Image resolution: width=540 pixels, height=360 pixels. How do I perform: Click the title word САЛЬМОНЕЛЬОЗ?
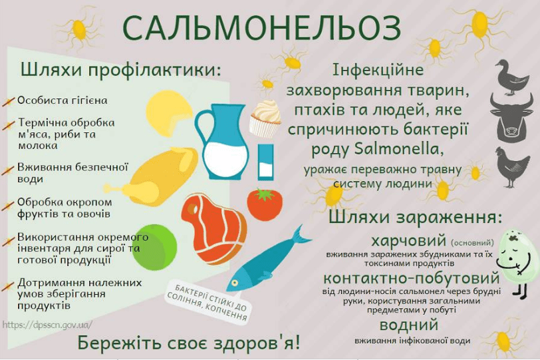[262, 28]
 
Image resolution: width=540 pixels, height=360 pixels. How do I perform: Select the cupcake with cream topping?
[265, 118]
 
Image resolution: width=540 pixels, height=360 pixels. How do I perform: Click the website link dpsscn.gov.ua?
[47, 325]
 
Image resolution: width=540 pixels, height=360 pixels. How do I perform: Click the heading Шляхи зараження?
[414, 219]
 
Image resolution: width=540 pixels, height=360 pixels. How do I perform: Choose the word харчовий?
[408, 240]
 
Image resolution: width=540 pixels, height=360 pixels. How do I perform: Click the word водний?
[408, 325]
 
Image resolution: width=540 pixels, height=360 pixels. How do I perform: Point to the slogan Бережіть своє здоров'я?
[189, 343]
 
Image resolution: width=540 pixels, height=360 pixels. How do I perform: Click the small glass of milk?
[265, 162]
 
